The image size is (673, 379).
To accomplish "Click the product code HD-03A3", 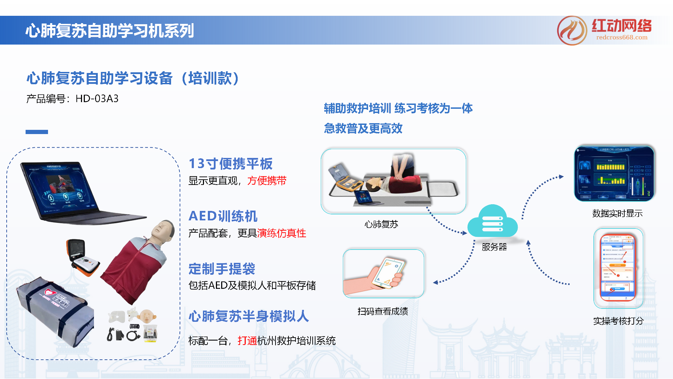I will pos(97,99).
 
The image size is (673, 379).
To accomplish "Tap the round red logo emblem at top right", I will pos(572,31).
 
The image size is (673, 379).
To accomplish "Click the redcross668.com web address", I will pos(621,38).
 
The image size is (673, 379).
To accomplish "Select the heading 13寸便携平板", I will pos(230,164).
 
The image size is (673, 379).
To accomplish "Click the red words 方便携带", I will pos(267,181).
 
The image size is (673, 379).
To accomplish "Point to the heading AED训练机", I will pos(223,216).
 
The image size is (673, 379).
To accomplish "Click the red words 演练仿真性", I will pos(281,233).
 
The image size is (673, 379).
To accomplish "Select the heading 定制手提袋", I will pos(222,269).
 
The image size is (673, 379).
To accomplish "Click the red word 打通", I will pos(247,340).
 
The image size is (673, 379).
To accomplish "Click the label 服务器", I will pos(494,247).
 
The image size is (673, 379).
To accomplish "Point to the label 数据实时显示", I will pos(617,213).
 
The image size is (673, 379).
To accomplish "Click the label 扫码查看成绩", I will pos(382,311).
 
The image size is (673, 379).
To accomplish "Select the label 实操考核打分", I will pos(618,321).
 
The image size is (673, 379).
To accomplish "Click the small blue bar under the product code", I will pos(36,132).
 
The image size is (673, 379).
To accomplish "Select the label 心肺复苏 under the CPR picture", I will pos(381,224).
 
